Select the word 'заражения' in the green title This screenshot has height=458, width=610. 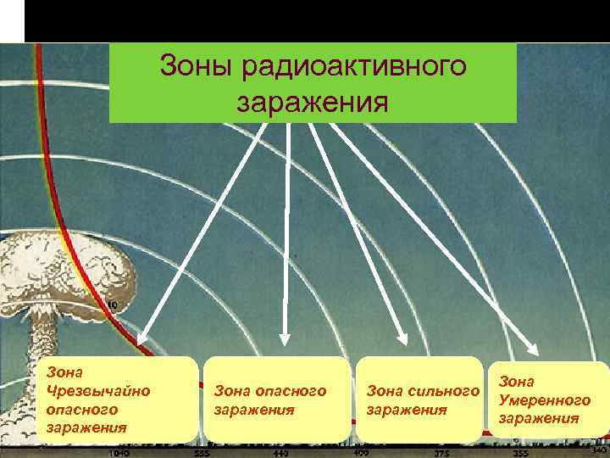[x=313, y=102]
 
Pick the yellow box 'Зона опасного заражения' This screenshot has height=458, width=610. [x=276, y=399]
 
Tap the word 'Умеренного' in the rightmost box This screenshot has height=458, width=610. [x=544, y=400]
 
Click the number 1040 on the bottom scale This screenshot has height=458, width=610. [x=119, y=453]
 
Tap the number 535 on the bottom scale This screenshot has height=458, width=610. [x=201, y=453]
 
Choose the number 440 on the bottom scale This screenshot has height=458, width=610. [x=280, y=453]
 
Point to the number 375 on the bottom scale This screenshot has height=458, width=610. [x=441, y=453]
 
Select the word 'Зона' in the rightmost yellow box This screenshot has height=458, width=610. [x=516, y=382]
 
